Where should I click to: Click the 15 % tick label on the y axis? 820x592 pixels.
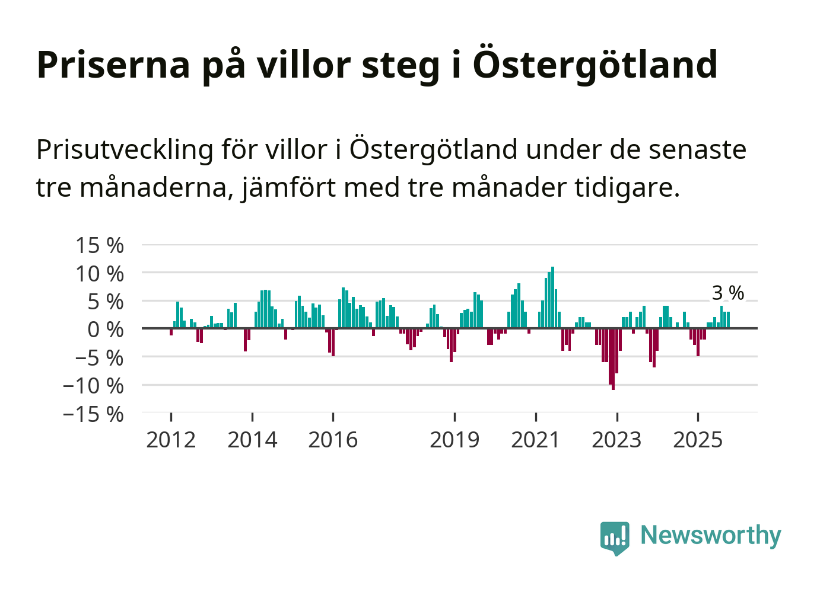(100, 245)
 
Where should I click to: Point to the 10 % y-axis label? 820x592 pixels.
(100, 274)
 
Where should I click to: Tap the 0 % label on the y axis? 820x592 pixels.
(106, 329)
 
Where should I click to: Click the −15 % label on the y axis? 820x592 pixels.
(94, 414)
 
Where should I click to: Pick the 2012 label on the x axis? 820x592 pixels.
(171, 440)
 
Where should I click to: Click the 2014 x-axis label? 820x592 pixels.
(252, 440)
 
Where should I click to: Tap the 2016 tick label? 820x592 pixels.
(333, 440)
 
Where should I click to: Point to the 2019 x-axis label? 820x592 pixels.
(455, 440)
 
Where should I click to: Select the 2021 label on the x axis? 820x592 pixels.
(535, 440)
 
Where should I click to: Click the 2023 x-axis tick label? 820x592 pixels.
(616, 440)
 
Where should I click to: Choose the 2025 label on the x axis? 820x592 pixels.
(698, 440)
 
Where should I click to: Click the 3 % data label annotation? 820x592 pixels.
(727, 293)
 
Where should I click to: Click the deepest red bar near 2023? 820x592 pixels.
(613, 359)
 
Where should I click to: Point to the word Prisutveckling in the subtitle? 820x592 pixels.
(125, 149)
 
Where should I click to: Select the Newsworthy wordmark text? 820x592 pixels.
(711, 536)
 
